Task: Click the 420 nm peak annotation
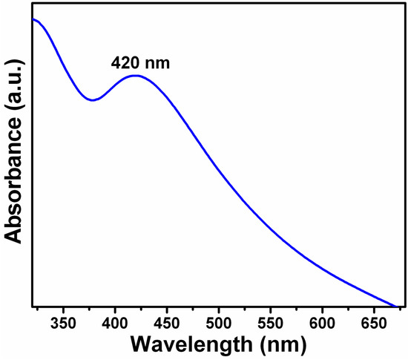click(140, 62)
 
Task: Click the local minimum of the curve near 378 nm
click(92, 99)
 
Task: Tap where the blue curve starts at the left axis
click(33, 20)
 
